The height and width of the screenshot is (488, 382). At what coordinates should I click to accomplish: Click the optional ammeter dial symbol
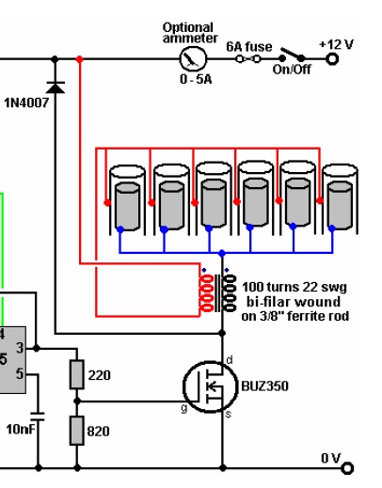193,58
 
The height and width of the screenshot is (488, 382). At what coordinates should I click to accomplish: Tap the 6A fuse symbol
248,58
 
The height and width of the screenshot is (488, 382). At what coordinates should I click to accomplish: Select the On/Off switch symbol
292,55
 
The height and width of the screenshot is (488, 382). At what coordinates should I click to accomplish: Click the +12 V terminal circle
332,58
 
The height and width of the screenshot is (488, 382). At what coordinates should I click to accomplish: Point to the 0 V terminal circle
347,468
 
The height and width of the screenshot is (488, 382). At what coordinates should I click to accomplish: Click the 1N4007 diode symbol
56,87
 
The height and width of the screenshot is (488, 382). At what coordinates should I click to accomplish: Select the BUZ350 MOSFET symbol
210,386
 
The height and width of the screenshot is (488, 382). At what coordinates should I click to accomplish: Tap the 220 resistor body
77,375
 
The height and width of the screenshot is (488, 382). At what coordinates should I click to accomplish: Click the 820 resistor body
77,431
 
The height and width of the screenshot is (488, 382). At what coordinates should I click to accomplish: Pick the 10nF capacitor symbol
38,417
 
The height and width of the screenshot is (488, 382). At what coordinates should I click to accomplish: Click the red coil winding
206,293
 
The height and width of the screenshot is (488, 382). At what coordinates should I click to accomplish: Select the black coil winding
230,293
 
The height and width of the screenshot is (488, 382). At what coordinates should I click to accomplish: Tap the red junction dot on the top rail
80,58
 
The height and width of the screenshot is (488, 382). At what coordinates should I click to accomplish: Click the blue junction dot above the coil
222,253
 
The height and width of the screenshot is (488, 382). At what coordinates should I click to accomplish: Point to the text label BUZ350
264,386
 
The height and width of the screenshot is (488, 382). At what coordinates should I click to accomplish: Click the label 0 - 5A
196,79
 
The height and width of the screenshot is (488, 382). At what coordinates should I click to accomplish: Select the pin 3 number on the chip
20,348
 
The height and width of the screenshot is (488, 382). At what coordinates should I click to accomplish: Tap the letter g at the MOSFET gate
184,408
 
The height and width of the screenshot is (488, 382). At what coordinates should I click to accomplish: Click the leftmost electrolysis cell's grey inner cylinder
127,207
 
